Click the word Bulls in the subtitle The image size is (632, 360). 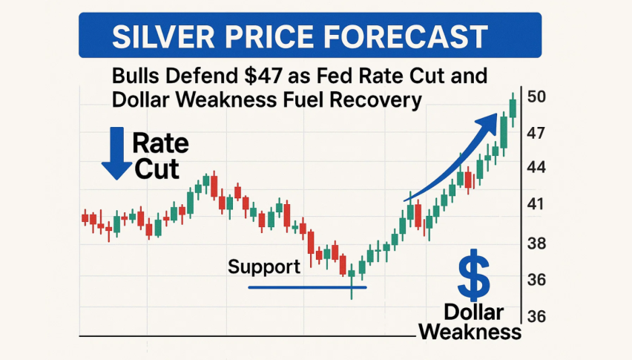click(x=138, y=76)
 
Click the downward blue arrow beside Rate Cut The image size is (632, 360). click(x=116, y=153)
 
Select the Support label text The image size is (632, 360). click(x=264, y=267)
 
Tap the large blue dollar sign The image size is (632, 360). click(x=473, y=274)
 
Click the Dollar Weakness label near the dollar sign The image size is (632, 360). click(x=472, y=321)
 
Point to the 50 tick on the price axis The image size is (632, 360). click(x=536, y=96)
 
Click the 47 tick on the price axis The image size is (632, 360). click(x=536, y=133)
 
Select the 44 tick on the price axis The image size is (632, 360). click(x=536, y=168)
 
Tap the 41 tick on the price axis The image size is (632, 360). click(x=536, y=204)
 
